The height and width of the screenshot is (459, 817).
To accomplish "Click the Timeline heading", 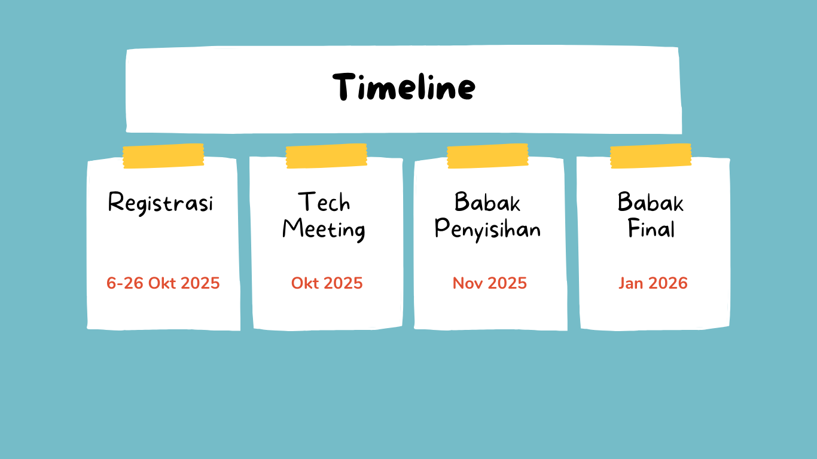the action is point(404,87).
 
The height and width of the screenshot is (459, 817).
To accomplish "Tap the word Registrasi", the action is point(160,203).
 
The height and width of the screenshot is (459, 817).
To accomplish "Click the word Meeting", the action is point(324,229).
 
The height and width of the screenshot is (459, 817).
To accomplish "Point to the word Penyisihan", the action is point(487,229).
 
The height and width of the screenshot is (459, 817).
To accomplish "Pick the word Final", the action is point(651,228).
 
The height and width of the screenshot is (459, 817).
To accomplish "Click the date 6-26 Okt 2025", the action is point(163,283).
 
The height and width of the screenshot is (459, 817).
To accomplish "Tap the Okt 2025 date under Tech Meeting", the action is point(327,283).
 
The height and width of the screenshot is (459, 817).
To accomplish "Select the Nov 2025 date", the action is point(490,283).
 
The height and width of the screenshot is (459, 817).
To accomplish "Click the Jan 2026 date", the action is point(653,283).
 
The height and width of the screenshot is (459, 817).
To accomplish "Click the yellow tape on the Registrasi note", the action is point(163,156).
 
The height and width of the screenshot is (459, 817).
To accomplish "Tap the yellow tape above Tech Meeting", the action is point(327,156).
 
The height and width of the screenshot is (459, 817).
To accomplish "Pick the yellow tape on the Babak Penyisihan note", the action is point(487,156).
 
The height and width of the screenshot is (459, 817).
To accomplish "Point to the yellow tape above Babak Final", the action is point(651,156).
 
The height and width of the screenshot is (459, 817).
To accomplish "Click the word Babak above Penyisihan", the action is point(487,201).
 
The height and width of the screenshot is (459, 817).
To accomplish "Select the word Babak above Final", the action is point(651,201).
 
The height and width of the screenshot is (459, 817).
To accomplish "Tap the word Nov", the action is point(468,283).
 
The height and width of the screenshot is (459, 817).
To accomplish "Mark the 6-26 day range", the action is point(125,283).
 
